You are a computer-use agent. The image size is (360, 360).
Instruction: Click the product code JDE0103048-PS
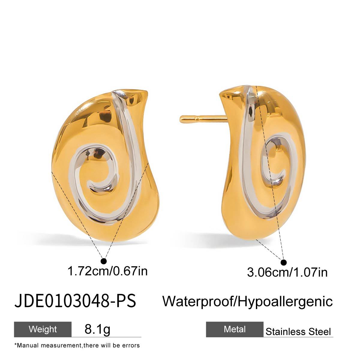[75, 301]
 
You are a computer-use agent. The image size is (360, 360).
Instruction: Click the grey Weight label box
[43, 329]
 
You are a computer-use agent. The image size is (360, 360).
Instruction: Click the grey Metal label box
[235, 329]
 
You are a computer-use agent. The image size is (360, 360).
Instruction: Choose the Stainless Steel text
[298, 331]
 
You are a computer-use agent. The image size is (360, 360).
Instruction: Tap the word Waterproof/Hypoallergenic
[247, 301]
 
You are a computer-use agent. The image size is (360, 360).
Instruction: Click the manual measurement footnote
[77, 345]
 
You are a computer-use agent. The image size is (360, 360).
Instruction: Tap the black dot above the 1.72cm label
[104, 260]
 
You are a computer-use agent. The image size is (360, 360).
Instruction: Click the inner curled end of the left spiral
[89, 185]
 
